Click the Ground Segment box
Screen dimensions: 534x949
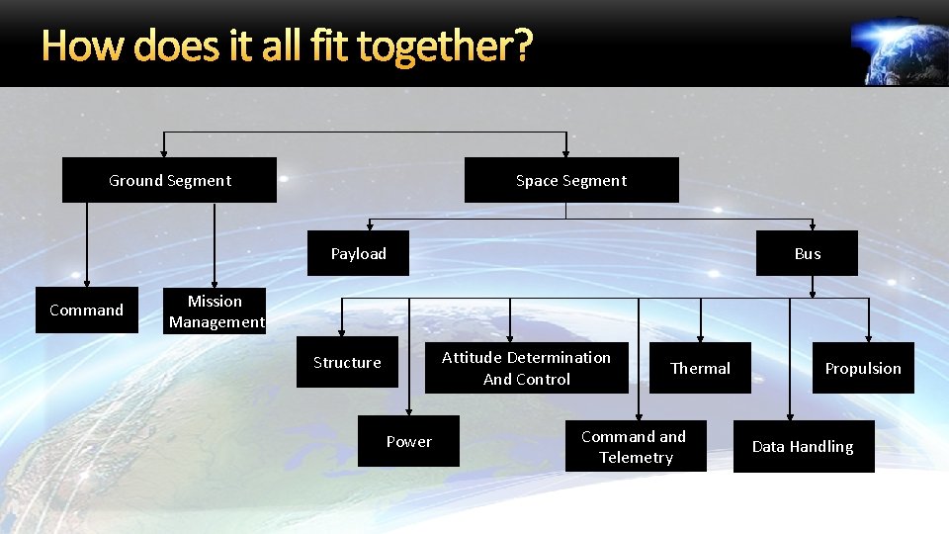click(x=169, y=180)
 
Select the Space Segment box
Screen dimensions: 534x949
click(x=571, y=180)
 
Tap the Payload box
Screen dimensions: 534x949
click(x=359, y=253)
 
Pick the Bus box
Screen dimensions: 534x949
click(x=808, y=253)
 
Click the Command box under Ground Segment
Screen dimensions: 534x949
click(x=87, y=311)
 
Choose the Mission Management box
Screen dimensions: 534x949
click(x=216, y=311)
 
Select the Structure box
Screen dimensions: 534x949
click(x=347, y=363)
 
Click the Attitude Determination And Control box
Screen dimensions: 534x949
click(x=526, y=368)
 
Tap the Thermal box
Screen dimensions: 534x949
click(x=700, y=368)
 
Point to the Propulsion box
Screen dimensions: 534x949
click(x=863, y=368)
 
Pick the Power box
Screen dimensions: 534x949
click(x=409, y=442)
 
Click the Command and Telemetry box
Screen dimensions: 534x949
click(x=635, y=447)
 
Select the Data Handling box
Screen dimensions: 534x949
click(x=803, y=447)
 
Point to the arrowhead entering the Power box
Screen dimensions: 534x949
click(x=409, y=409)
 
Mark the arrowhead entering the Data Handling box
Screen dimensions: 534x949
click(x=790, y=415)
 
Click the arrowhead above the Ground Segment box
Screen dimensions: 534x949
click(x=164, y=152)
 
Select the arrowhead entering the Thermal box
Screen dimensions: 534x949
click(x=701, y=337)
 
